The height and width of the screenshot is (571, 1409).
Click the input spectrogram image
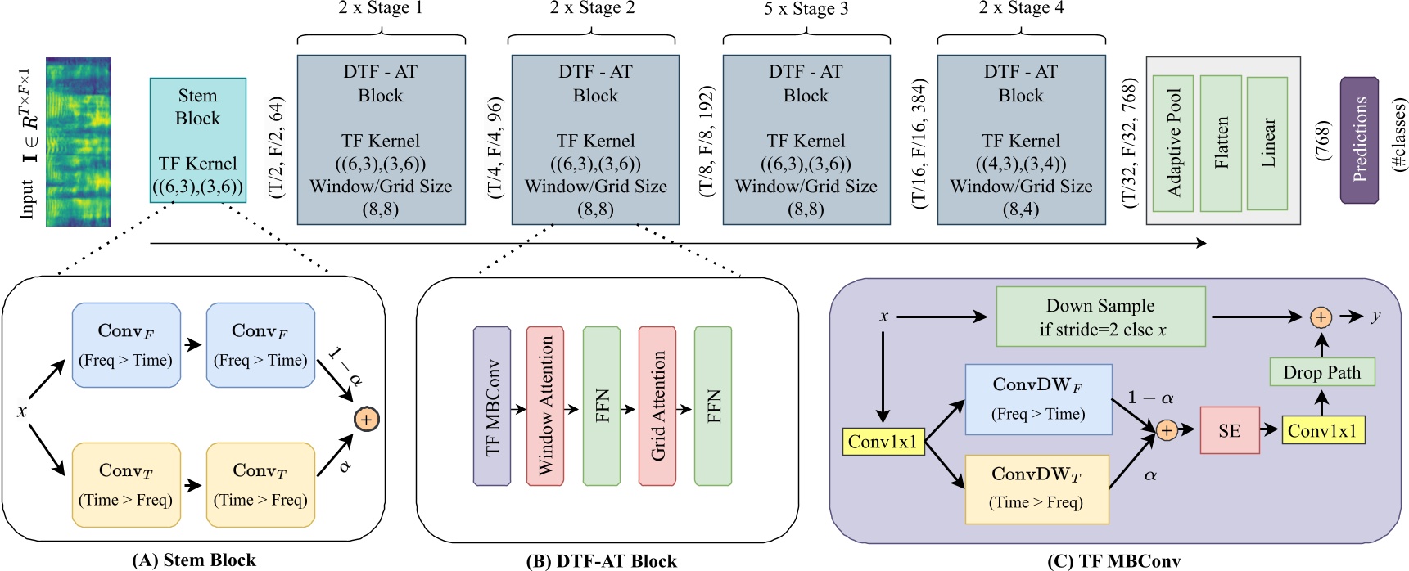(78, 142)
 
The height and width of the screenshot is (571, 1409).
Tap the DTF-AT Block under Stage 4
(1021, 140)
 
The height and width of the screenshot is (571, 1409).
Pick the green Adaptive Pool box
(1172, 142)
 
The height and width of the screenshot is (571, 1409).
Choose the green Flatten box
(1221, 142)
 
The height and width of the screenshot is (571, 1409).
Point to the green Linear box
(1267, 142)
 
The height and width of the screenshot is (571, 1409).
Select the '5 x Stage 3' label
(806, 9)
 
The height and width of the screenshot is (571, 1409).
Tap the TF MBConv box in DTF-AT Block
(492, 407)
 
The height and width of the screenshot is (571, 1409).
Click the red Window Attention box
(544, 407)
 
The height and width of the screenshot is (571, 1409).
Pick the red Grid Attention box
(657, 407)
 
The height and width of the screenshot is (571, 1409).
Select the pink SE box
(1229, 431)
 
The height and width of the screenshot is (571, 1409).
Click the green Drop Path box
(1321, 373)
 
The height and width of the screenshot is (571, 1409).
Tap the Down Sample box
(1100, 317)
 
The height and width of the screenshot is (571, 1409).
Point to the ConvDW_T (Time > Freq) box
(1036, 489)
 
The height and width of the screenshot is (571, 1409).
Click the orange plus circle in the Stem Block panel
(366, 420)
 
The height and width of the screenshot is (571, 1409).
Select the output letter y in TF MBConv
(1375, 316)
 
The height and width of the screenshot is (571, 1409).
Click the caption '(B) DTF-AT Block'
(601, 561)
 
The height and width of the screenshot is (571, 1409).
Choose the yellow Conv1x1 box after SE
(1321, 431)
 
